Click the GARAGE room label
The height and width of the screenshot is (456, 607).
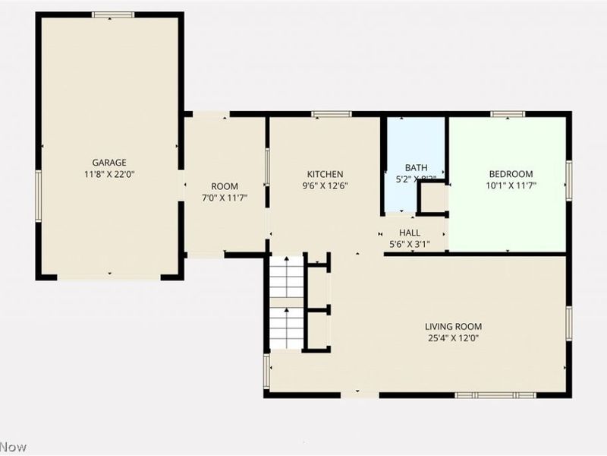[x=109, y=162]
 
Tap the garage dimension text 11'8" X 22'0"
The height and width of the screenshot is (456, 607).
[x=109, y=174]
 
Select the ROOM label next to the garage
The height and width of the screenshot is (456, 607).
[x=225, y=186]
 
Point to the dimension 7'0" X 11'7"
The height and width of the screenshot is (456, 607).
[x=225, y=198]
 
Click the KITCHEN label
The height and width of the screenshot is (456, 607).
[x=325, y=174]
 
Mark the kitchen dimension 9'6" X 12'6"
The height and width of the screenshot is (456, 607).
[x=325, y=185]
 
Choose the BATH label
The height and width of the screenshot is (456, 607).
[x=416, y=167]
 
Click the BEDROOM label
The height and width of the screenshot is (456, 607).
[x=509, y=173]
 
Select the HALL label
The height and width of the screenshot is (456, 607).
[x=410, y=233]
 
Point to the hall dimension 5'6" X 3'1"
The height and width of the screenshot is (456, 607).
[x=410, y=245]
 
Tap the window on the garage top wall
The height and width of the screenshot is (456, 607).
[x=113, y=14]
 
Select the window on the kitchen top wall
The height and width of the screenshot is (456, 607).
[x=332, y=114]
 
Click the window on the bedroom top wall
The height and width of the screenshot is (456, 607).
[x=508, y=114]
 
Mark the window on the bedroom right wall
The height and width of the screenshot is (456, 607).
[x=568, y=181]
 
